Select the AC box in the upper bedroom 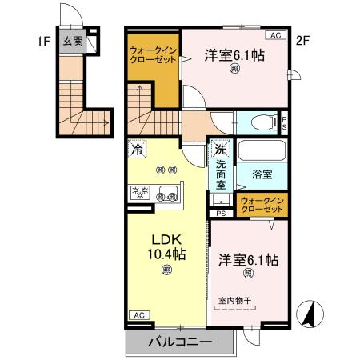[274, 35]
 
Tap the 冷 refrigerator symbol [138, 148]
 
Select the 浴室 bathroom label [262, 173]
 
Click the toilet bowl [262, 123]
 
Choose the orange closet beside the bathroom [262, 203]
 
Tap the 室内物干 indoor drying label [235, 301]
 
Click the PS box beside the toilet [286, 122]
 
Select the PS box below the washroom [221, 214]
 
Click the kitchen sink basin [170, 194]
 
